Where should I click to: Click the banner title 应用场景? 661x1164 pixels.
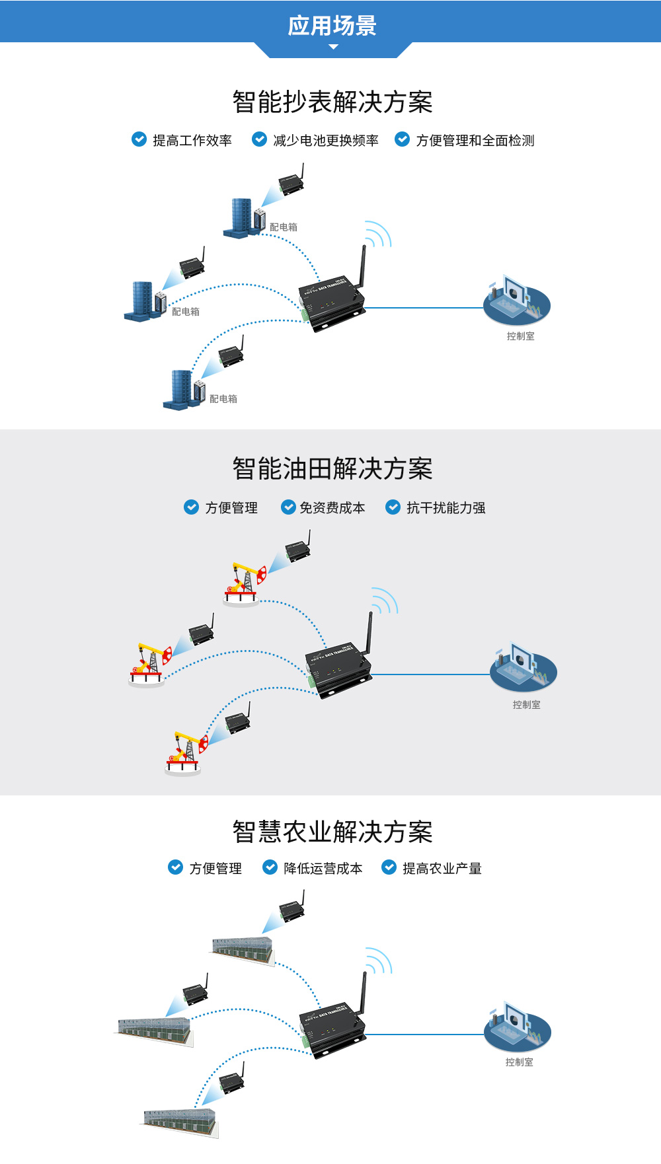click(x=332, y=26)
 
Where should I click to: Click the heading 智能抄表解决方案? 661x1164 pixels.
click(x=332, y=102)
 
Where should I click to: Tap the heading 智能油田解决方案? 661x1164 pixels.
click(x=332, y=469)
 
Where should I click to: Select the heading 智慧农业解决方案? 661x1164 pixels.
click(x=332, y=832)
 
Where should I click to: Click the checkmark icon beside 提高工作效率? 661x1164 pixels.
click(x=139, y=139)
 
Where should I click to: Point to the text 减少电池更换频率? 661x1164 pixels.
click(x=326, y=141)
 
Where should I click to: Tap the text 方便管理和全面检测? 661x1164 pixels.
click(x=475, y=141)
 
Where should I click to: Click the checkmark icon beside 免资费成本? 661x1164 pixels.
click(x=288, y=507)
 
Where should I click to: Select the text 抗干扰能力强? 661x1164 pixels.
click(x=446, y=508)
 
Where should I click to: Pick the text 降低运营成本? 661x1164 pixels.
click(x=323, y=869)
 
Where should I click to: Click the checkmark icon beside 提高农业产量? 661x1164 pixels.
click(x=389, y=867)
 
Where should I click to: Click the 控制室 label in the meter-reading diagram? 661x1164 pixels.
click(x=521, y=336)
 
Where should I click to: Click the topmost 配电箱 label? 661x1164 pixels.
click(x=284, y=227)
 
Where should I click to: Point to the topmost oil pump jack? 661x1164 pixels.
click(x=243, y=582)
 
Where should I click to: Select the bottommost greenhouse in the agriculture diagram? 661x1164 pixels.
click(x=180, y=1122)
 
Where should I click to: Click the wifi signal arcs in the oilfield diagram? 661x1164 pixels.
click(x=384, y=600)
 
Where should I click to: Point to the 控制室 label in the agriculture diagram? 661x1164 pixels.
click(x=520, y=1062)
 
